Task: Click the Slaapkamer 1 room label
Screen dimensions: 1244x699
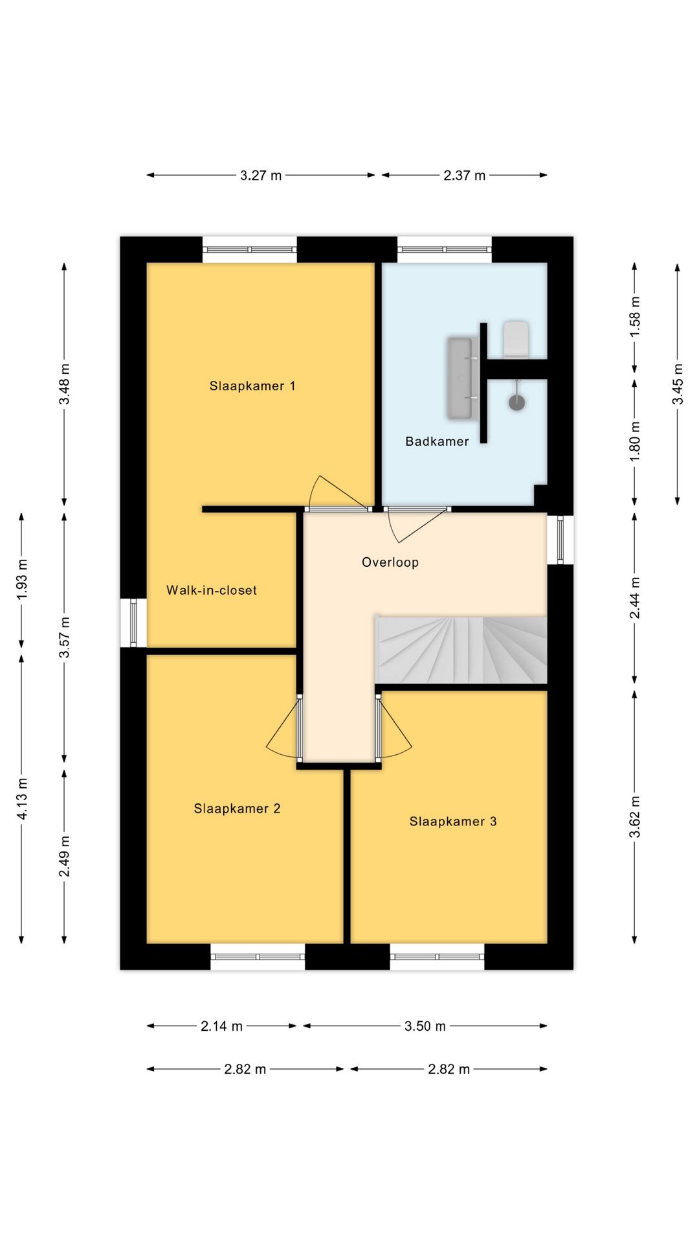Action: pos(252,386)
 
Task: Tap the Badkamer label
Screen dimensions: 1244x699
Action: pos(437,441)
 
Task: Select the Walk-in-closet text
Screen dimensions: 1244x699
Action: pos(212,590)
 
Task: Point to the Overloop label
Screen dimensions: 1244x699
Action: pos(390,562)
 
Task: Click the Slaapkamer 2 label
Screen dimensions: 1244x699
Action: pos(237,809)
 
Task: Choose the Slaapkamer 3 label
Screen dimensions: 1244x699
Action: pos(453,822)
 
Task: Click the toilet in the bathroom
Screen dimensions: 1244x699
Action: pos(516,338)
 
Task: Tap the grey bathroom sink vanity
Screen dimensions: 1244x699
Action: pos(461,378)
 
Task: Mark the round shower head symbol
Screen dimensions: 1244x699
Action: pos(516,402)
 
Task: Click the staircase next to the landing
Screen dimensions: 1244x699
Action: pos(461,649)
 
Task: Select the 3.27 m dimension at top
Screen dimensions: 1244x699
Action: pos(261,175)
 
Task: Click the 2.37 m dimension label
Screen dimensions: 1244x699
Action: pos(464,175)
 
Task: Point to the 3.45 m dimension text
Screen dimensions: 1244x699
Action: pos(678,384)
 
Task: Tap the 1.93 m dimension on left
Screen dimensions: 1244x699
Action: pos(21,579)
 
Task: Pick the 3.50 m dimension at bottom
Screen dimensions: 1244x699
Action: pos(425,1026)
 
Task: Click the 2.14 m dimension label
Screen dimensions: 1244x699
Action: pos(221,1026)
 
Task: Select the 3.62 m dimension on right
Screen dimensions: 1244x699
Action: pos(635,816)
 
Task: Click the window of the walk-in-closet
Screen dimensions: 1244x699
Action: pos(133,623)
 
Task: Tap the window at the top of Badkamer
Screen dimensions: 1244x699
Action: pos(445,249)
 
